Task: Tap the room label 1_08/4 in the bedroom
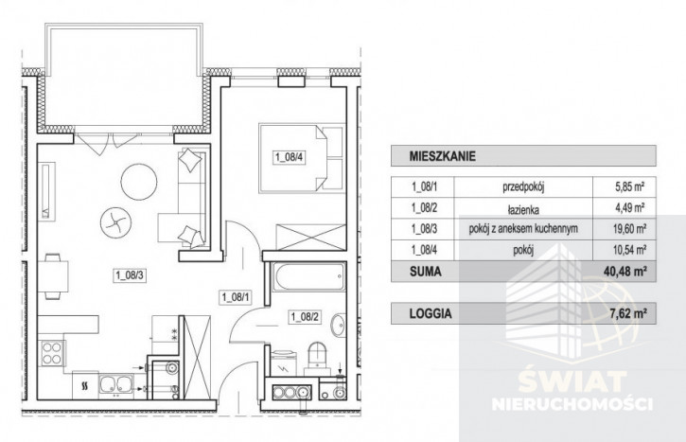289,157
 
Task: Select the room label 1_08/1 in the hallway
236,297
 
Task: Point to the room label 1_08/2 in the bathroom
305,316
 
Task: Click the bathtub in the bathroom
308,276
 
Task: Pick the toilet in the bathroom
317,357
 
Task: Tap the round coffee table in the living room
139,182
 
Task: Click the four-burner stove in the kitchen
51,354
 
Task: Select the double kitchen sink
116,385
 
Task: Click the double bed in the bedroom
301,158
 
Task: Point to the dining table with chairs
53,276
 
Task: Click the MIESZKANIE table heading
442,156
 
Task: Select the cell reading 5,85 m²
628,187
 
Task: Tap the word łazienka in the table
523,209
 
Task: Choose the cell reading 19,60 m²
628,228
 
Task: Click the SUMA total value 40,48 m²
625,272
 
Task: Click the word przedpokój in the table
523,187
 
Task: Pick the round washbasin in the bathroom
338,325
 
